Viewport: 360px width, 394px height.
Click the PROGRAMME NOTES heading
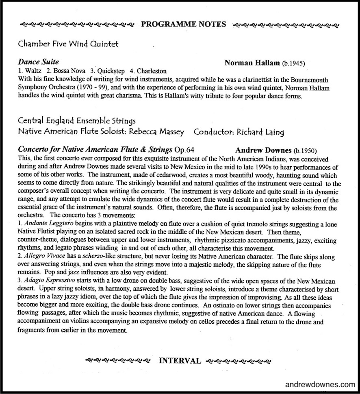[183, 24]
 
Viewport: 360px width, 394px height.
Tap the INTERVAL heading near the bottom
[179, 360]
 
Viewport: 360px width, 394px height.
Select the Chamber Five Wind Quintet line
[68, 44]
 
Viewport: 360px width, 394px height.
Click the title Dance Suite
[39, 62]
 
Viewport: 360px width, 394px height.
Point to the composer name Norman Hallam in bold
[252, 63]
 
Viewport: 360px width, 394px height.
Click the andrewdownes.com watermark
[321, 385]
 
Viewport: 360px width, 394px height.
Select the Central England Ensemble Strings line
[77, 121]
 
